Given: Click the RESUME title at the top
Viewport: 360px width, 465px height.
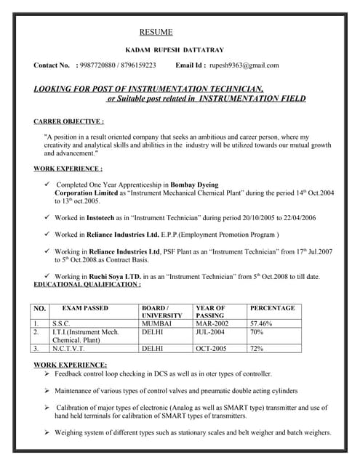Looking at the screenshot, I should (156, 32).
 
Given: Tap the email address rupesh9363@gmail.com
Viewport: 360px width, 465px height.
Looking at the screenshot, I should (244, 65).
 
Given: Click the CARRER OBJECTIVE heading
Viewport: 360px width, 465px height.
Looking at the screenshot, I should (68, 121).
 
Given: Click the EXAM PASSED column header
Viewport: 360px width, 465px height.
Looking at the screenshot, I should (85, 308).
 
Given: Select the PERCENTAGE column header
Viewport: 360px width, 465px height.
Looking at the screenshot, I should (272, 308).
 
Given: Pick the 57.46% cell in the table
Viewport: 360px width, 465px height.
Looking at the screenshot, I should (261, 323).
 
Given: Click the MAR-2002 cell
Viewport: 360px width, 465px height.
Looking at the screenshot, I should (212, 323).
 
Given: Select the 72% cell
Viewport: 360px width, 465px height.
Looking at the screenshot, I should (256, 349).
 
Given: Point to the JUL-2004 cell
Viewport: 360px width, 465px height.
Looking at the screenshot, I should (211, 331).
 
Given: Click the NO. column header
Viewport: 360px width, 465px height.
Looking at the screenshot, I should (40, 308).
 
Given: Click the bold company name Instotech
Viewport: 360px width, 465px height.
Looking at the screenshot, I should (106, 217).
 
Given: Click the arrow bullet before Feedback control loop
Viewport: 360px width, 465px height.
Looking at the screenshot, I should (47, 373).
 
